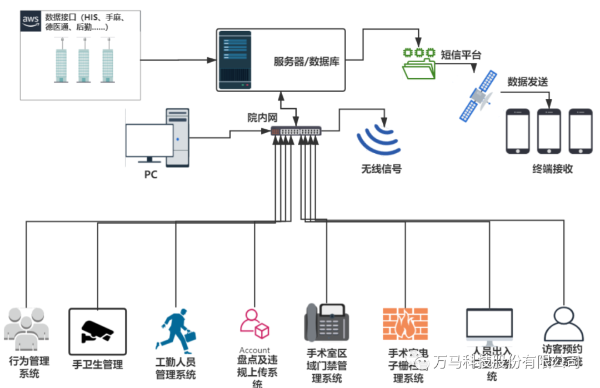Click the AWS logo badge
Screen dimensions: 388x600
[31, 21]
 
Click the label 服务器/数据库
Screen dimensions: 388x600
[306, 62]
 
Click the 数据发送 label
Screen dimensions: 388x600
[527, 82]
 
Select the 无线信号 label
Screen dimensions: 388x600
[381, 169]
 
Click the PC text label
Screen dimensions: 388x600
[151, 174]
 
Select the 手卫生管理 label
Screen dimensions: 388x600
[98, 364]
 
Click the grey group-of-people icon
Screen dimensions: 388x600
[26, 329]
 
